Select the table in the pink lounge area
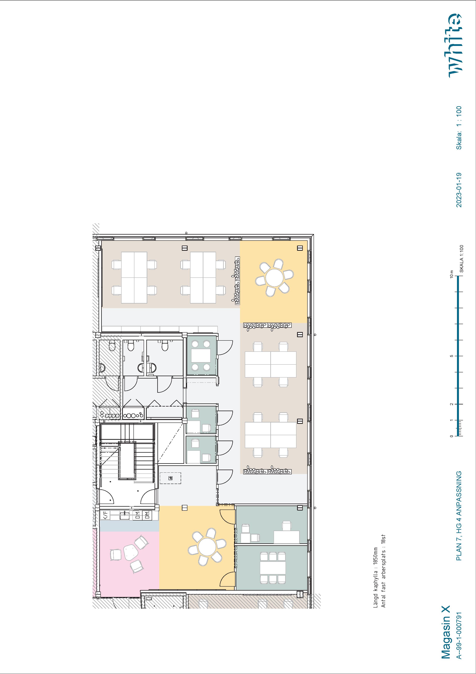(x=130, y=552)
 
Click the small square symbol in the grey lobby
(x=171, y=478)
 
